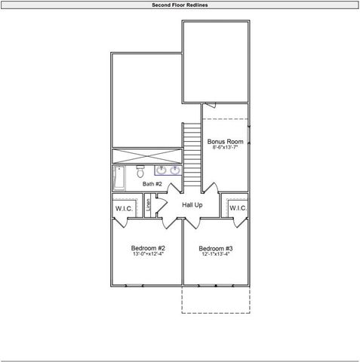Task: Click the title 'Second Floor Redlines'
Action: click(180, 5)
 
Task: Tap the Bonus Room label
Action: click(225, 142)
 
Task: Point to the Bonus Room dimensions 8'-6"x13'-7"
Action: click(225, 149)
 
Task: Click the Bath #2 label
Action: click(153, 183)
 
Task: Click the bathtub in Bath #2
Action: click(119, 179)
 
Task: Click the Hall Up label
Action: click(192, 205)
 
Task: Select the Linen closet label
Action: click(149, 204)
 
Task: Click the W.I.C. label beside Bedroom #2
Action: click(124, 208)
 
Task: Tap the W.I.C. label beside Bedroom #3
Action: click(238, 208)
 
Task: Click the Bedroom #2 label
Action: click(148, 248)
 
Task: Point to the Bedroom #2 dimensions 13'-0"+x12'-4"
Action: click(148, 255)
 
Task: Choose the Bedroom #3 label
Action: click(216, 248)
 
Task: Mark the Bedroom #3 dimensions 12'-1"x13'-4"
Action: click(216, 255)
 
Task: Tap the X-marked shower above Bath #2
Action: click(146, 156)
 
